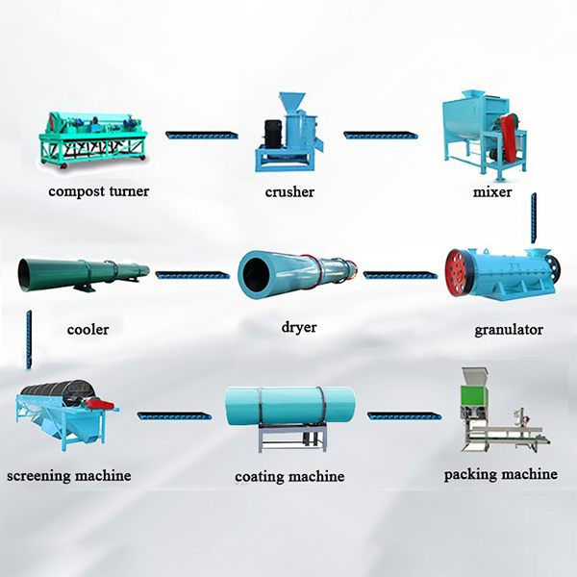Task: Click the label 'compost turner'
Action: [x=100, y=191]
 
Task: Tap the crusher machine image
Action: [x=288, y=133]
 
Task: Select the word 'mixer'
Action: [x=491, y=192]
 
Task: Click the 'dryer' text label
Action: [x=299, y=327]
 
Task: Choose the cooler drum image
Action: [x=83, y=274]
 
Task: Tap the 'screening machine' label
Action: [x=68, y=475]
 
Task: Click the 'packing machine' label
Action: [x=500, y=474]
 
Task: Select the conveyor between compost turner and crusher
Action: [x=201, y=135]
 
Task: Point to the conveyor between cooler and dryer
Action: [x=192, y=275]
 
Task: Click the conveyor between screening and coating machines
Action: [x=174, y=416]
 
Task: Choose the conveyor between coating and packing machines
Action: [x=404, y=416]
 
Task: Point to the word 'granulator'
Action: [x=509, y=330]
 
